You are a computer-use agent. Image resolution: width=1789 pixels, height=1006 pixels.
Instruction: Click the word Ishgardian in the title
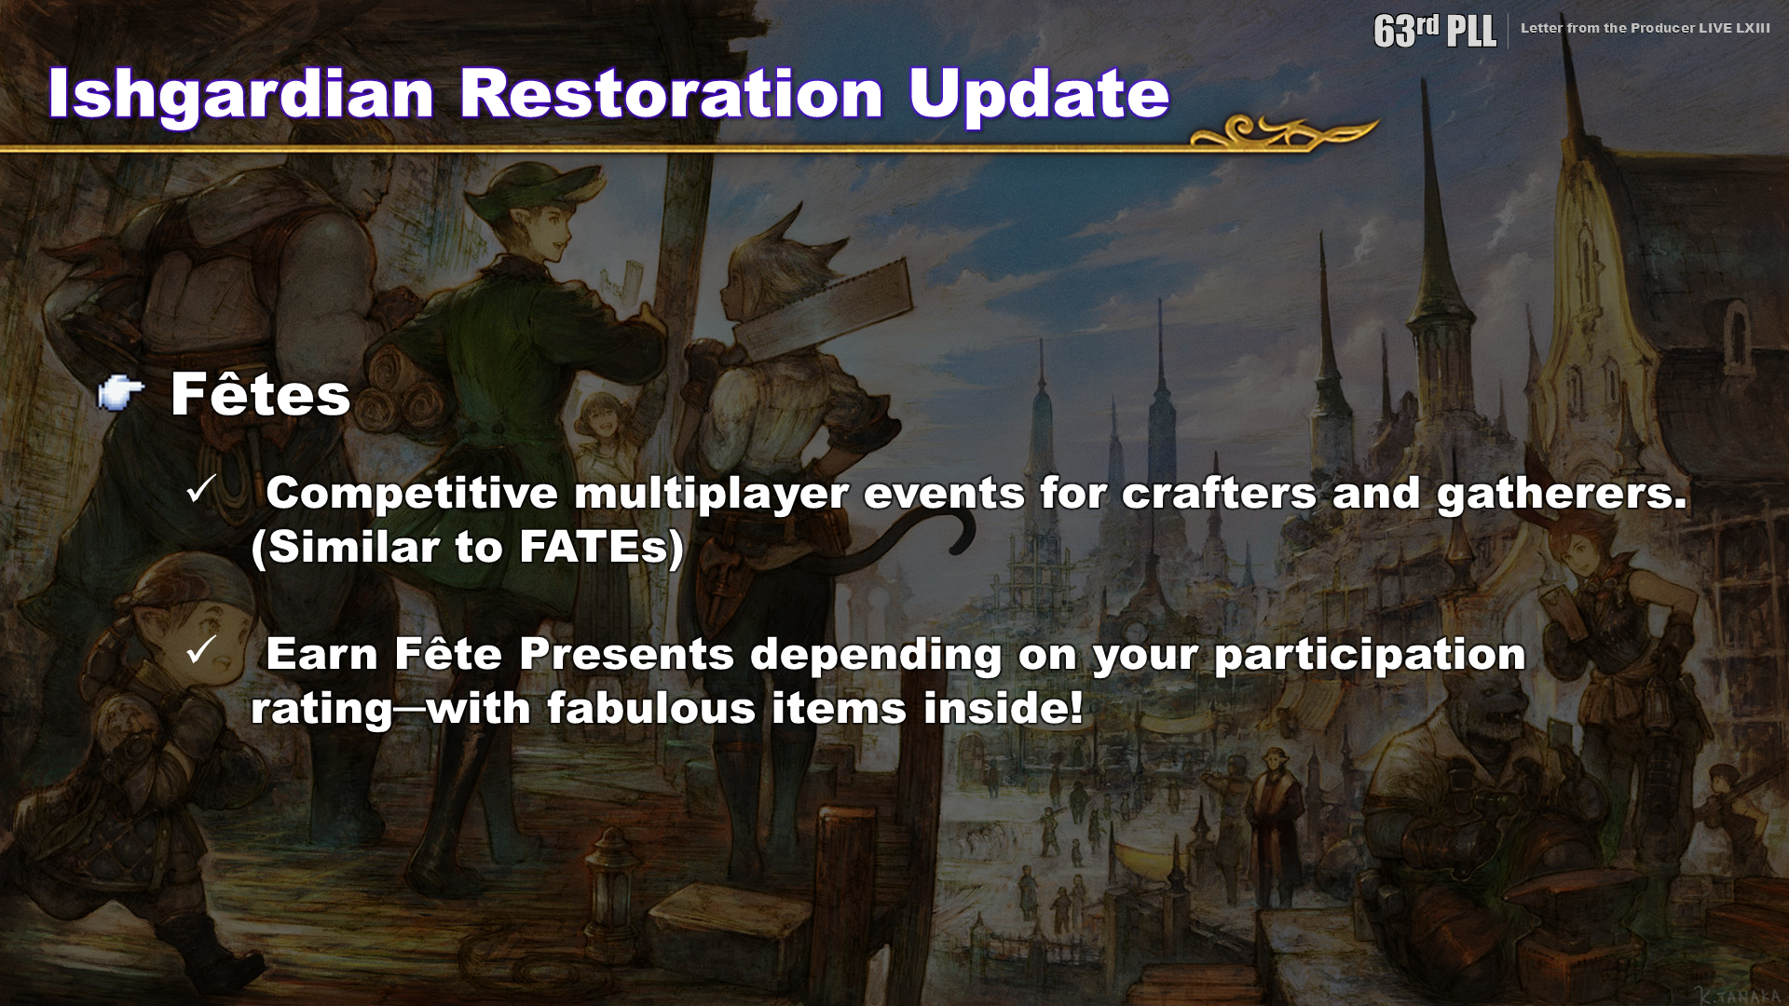tap(240, 94)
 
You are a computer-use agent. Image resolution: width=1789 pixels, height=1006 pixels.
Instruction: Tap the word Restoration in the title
tap(671, 93)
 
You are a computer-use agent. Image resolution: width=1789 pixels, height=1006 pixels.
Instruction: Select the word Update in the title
tap(1039, 94)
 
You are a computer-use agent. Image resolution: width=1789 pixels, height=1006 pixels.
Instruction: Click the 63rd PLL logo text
tap(1434, 30)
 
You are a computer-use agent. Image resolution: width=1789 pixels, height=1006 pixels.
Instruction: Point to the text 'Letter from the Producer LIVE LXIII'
tap(1645, 28)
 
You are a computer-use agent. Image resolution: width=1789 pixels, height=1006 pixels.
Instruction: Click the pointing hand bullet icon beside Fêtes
tap(121, 394)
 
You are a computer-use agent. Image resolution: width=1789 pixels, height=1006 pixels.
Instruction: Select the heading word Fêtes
tap(260, 394)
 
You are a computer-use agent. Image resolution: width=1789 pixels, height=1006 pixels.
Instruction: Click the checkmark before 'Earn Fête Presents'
tap(201, 649)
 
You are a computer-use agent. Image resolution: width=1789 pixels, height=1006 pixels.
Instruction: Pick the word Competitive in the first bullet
tap(412, 494)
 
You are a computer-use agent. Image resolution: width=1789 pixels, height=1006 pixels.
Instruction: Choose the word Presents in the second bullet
tap(626, 654)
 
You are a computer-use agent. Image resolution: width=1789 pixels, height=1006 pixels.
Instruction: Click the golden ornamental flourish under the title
tap(1284, 132)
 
